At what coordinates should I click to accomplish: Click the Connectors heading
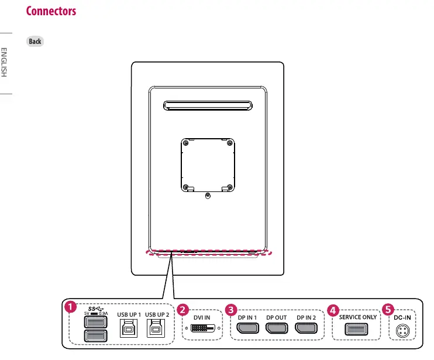click(x=51, y=11)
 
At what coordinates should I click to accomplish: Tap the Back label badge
click(x=35, y=42)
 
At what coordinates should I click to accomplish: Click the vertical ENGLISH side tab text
click(x=4, y=62)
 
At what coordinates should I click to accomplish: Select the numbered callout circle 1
click(x=70, y=307)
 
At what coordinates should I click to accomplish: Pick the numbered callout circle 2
click(x=182, y=310)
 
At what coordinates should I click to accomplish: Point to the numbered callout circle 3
click(x=231, y=310)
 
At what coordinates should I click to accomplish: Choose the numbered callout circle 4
click(x=333, y=310)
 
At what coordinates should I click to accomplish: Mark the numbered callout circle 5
click(x=388, y=310)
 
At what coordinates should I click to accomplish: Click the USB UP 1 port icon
click(x=129, y=328)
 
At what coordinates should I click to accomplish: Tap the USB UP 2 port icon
click(x=156, y=328)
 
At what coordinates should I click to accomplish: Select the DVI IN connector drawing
click(x=203, y=328)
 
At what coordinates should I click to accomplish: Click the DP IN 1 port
click(x=248, y=328)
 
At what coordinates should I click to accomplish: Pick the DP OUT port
click(x=277, y=328)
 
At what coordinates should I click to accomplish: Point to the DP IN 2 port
click(x=306, y=328)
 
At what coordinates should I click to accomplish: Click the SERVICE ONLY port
click(x=356, y=329)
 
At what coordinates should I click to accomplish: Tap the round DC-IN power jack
click(x=403, y=331)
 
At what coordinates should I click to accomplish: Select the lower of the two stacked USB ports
click(x=95, y=335)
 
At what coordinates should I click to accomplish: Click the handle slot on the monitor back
click(x=208, y=106)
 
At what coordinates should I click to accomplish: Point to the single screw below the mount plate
click(x=208, y=196)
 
